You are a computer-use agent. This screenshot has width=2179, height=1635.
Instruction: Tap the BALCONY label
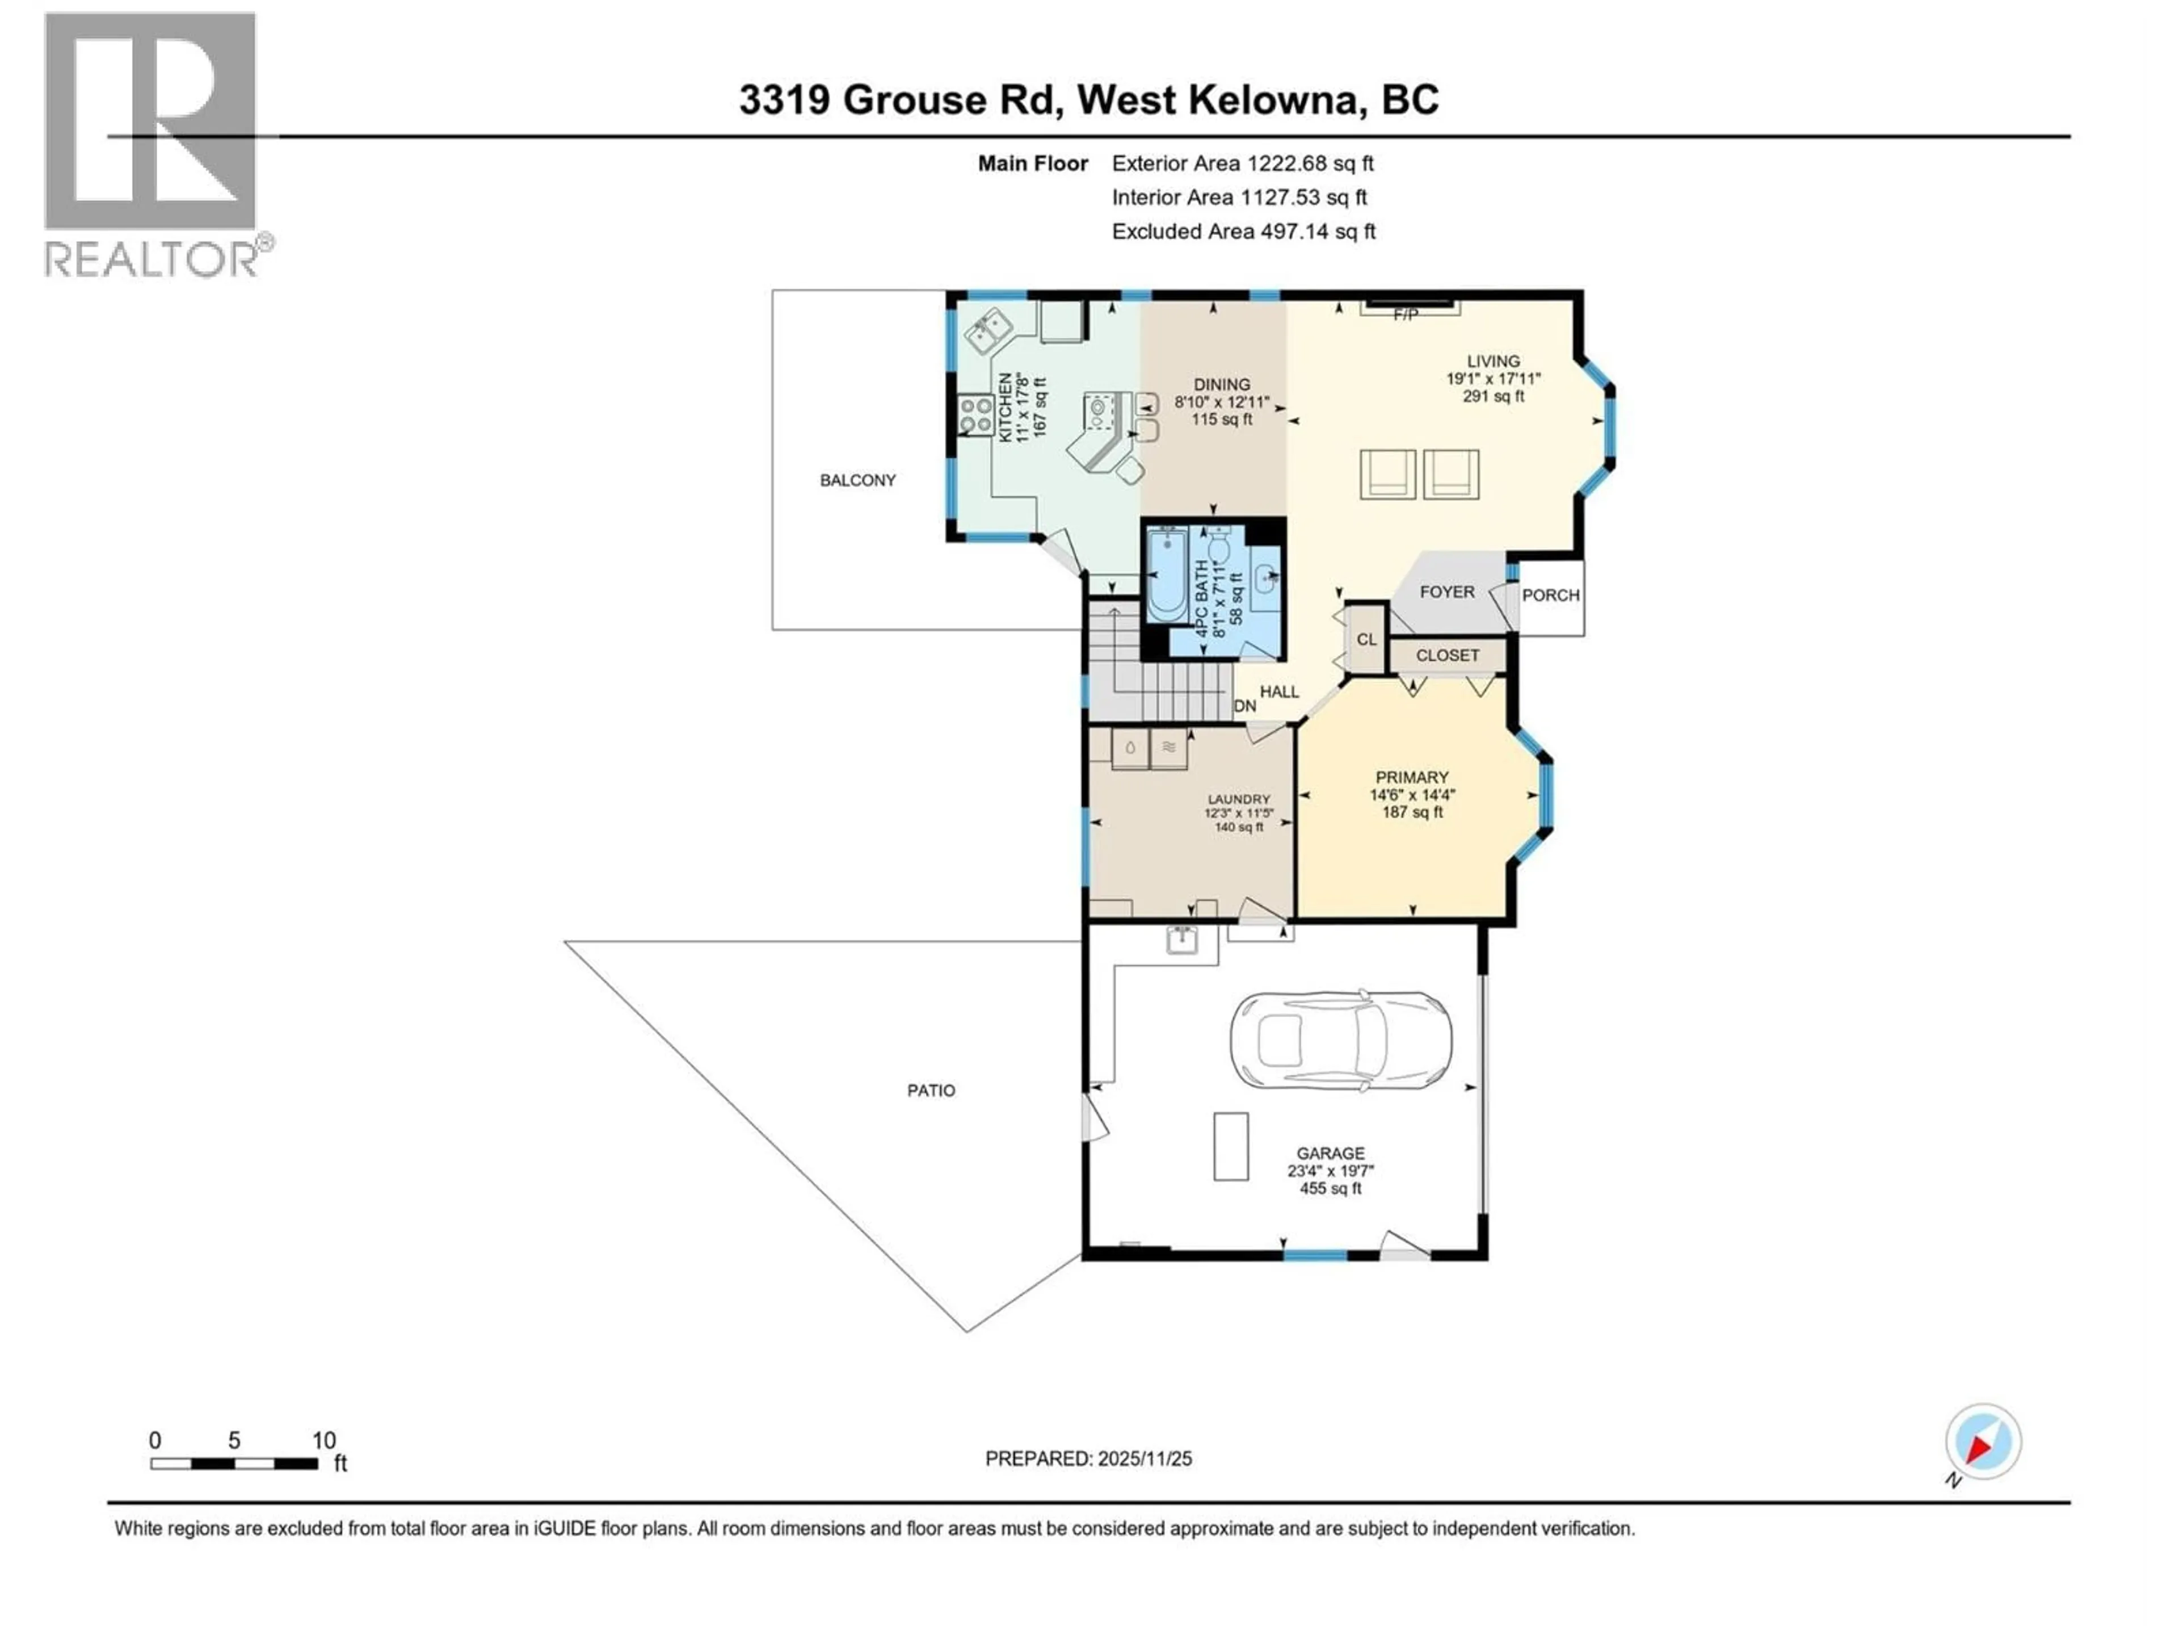pyautogui.click(x=857, y=480)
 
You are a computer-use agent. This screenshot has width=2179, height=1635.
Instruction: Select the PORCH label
pyautogui.click(x=1550, y=596)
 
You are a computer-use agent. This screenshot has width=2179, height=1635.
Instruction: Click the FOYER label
pyautogui.click(x=1446, y=592)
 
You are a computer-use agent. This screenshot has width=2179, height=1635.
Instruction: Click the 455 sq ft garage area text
pyautogui.click(x=1330, y=1189)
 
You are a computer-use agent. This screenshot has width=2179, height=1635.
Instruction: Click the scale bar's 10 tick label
pyautogui.click(x=324, y=1440)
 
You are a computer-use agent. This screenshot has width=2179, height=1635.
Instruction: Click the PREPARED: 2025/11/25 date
pyautogui.click(x=1088, y=1458)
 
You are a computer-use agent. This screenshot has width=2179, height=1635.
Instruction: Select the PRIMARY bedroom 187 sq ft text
pyautogui.click(x=1412, y=812)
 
